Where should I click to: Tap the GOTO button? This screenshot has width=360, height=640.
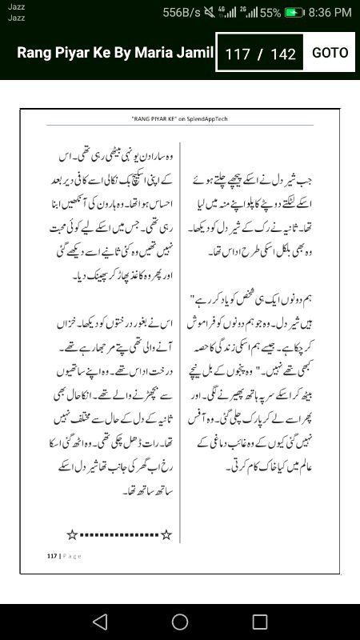pyautogui.click(x=330, y=53)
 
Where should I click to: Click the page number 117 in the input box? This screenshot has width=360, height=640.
pyautogui.click(x=238, y=54)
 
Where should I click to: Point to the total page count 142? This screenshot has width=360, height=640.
pyautogui.click(x=283, y=54)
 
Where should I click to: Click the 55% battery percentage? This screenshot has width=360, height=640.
pyautogui.click(x=270, y=13)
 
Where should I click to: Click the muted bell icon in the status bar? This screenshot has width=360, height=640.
pyautogui.click(x=211, y=13)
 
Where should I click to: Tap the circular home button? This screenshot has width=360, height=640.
pyautogui.click(x=180, y=622)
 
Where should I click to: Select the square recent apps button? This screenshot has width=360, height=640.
pyautogui.click(x=260, y=622)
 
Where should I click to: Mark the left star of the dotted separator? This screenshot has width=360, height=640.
pyautogui.click(x=71, y=534)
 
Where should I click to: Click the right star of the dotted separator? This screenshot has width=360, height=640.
pyautogui.click(x=166, y=534)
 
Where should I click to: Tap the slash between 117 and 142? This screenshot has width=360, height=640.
pyautogui.click(x=260, y=54)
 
